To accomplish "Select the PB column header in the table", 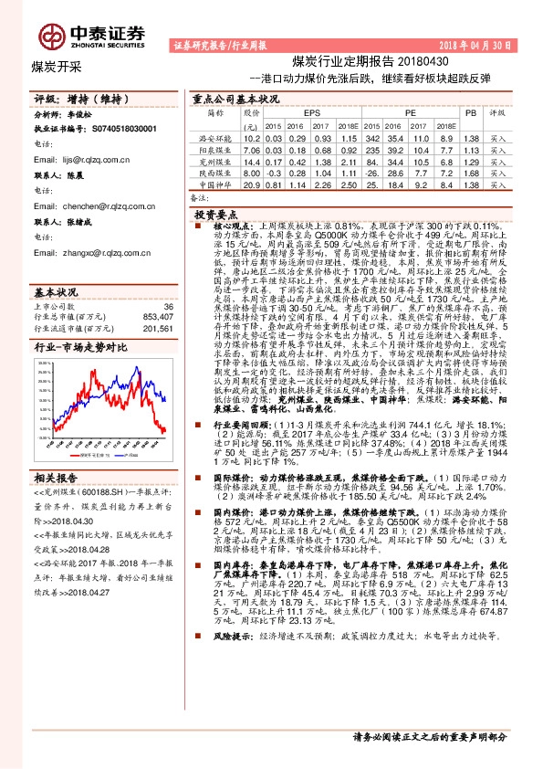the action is (470, 113).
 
